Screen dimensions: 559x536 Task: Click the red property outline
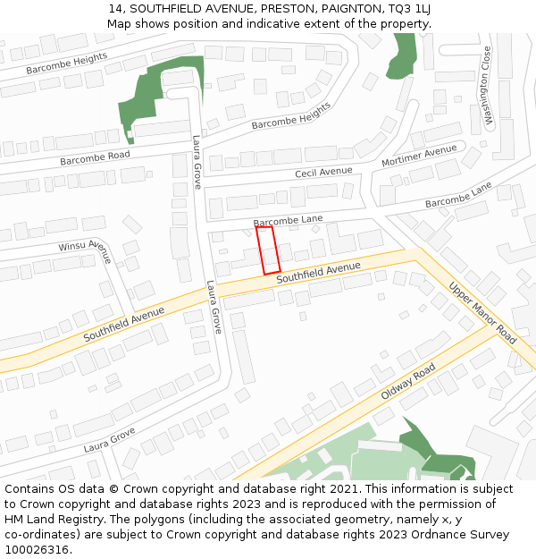pyautogui.click(x=268, y=250)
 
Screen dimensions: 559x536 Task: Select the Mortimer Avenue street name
pyautogui.click(x=419, y=156)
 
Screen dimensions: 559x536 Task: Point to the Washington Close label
pyautogui.click(x=487, y=86)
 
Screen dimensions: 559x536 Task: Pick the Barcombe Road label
pyautogui.click(x=95, y=157)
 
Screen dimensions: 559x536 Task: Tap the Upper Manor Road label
pyautogui.click(x=482, y=313)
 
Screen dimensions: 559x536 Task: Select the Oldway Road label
pyautogui.click(x=408, y=382)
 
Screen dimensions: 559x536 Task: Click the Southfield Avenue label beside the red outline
pyautogui.click(x=318, y=273)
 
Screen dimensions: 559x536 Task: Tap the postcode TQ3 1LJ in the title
pyautogui.click(x=410, y=9)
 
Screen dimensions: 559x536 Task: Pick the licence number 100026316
pyautogui.click(x=37, y=549)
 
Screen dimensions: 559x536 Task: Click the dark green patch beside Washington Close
pyautogui.click(x=402, y=56)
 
